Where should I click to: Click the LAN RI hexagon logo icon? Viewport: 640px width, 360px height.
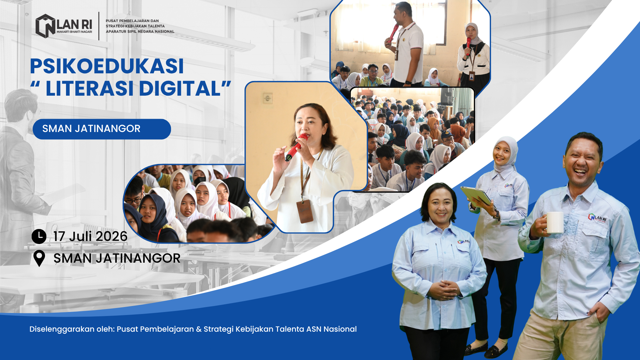click(45, 26)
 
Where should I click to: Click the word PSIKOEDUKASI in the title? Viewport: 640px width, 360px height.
click(107, 66)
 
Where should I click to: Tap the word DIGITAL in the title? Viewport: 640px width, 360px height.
click(180, 88)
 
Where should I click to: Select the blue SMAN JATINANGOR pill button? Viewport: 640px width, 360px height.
click(102, 129)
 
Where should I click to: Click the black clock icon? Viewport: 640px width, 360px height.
click(39, 236)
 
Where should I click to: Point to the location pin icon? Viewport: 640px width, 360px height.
click(39, 258)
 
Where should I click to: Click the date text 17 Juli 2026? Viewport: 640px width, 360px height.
click(90, 236)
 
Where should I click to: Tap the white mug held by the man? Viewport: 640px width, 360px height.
click(554, 222)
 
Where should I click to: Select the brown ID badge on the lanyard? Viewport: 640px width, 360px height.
click(305, 211)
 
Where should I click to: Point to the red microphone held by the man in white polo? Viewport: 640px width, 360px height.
click(393, 32)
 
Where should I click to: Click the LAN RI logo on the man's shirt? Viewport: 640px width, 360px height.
click(597, 218)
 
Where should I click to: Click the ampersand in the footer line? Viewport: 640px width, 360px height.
click(199, 329)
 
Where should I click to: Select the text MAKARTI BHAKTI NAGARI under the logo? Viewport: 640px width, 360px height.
click(74, 32)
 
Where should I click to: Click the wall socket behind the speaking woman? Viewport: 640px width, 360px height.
click(268, 98)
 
